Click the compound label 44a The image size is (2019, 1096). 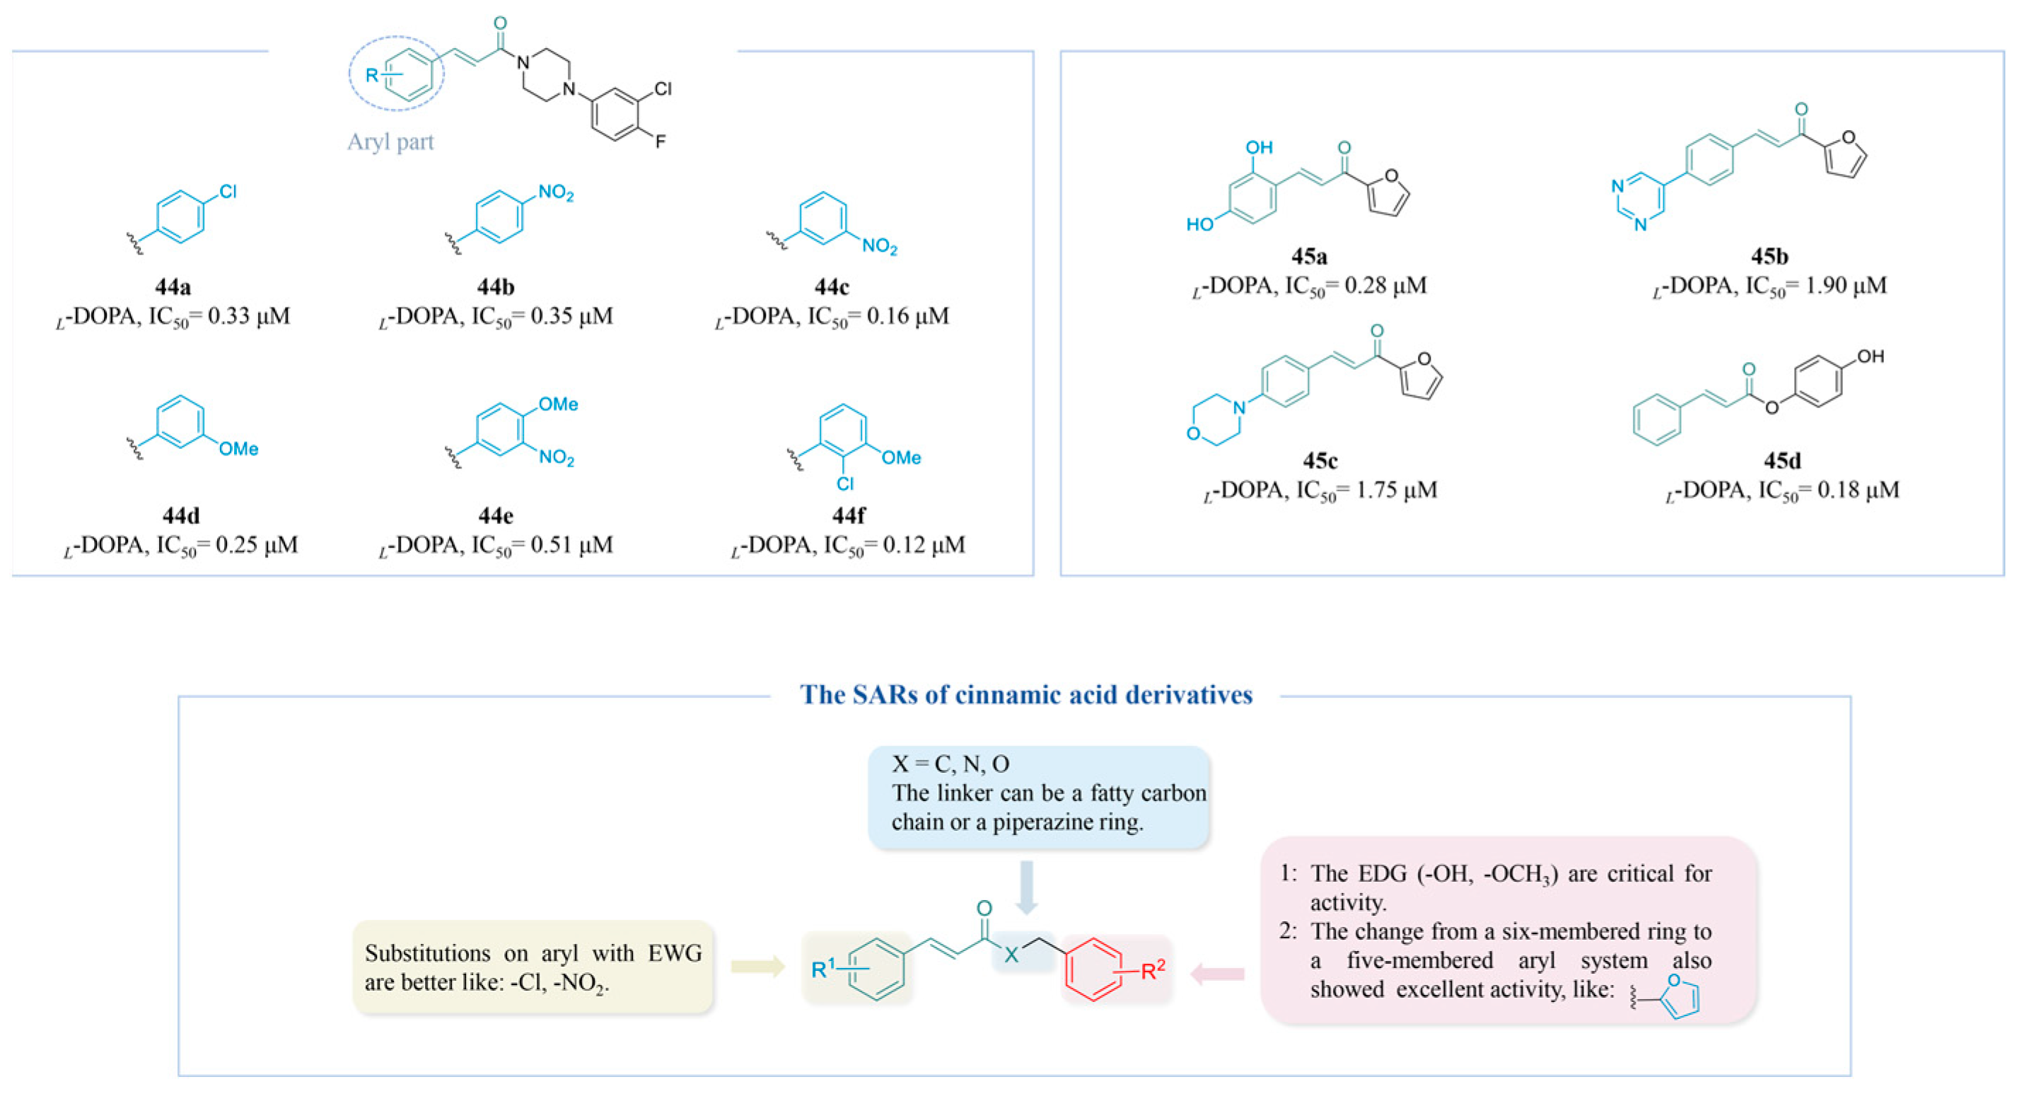point(173,287)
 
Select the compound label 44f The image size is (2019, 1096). point(848,515)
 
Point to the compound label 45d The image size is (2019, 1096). point(1781,460)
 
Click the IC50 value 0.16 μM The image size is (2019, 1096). point(907,317)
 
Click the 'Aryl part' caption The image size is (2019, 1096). point(390,142)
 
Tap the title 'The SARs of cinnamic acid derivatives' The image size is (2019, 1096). point(1026,695)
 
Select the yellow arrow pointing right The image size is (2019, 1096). point(757,966)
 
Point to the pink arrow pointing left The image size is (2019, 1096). point(1217,974)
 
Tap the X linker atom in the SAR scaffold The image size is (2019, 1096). point(1012,954)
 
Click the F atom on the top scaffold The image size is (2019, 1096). point(661,142)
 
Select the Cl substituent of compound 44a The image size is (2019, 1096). point(228,192)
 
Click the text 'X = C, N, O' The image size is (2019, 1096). point(950,764)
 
